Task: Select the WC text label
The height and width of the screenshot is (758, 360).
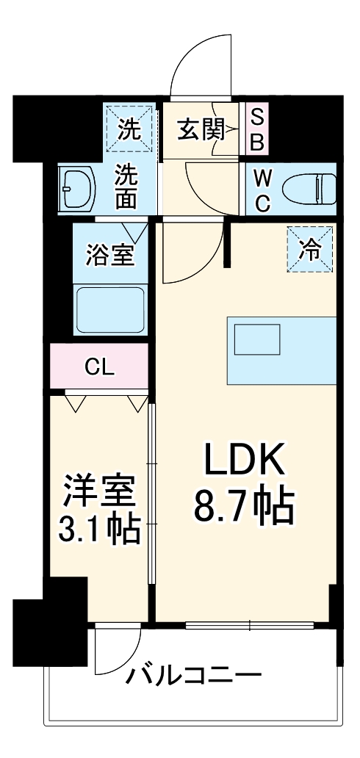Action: [x=262, y=190]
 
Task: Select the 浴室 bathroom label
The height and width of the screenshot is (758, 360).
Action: [x=109, y=256]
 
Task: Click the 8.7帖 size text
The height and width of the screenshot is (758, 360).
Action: [x=243, y=507]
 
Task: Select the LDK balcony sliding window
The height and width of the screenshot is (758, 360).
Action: [x=250, y=626]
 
